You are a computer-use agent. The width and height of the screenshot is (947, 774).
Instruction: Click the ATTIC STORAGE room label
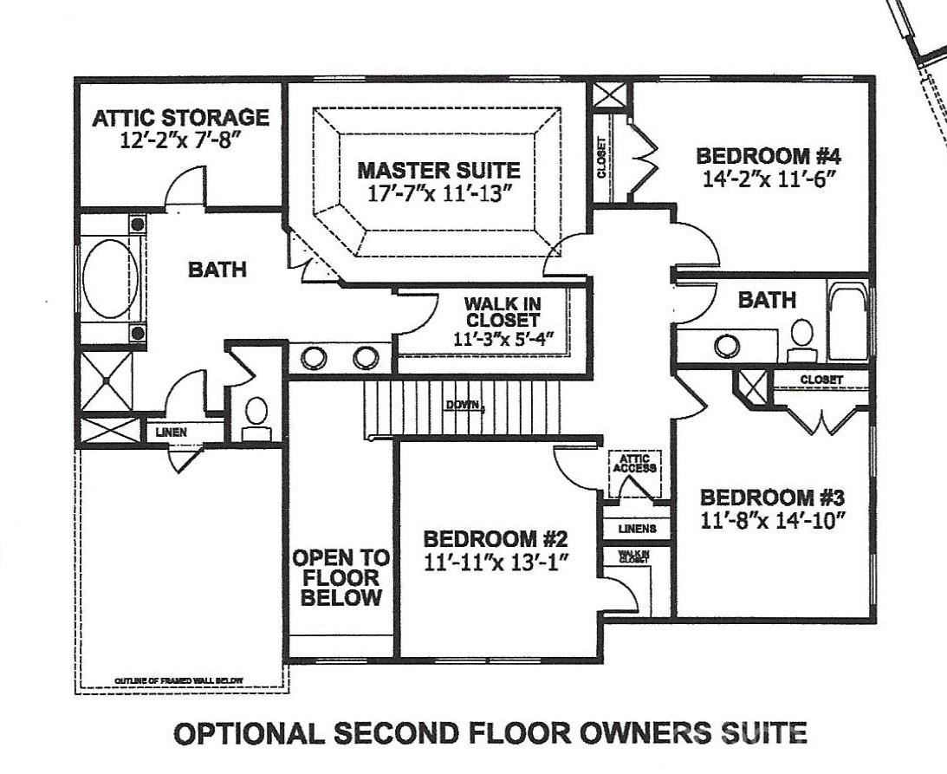pos(180,117)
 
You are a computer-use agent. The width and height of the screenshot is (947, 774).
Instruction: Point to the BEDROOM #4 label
pos(769,157)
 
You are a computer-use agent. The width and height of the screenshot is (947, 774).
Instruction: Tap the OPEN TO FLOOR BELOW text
pos(341,577)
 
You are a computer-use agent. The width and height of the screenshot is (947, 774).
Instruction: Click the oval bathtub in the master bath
pos(104,279)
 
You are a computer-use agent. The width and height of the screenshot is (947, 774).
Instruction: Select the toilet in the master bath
pos(256,413)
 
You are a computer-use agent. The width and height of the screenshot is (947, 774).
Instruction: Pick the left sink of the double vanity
pos(313,357)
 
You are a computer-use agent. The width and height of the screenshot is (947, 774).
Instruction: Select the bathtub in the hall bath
pos(846,320)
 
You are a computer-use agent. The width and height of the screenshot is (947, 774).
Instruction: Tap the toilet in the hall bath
pos(802,337)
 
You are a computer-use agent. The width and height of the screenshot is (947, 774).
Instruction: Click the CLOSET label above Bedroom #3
pos(821,380)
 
